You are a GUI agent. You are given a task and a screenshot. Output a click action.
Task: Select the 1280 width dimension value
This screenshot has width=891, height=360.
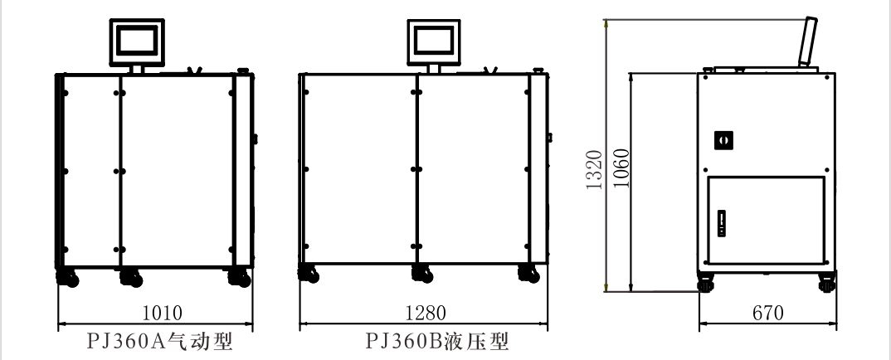(426, 312)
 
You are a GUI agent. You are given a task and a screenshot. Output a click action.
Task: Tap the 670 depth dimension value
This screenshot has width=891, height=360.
(768, 313)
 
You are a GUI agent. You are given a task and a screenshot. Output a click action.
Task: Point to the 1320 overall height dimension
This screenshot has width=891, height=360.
(594, 170)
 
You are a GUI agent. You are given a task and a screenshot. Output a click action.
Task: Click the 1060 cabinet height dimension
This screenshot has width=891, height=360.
(622, 168)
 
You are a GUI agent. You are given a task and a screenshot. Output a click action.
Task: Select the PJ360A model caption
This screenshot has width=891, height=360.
(159, 341)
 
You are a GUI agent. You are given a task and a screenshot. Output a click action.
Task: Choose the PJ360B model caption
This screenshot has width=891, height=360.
(437, 341)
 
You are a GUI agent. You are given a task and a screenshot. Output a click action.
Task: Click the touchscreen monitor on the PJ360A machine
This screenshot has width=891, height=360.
(137, 42)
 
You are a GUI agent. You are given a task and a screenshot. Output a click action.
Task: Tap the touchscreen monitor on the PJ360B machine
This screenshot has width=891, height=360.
(434, 42)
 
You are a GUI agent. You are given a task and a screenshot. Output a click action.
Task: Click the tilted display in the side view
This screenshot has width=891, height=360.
(807, 42)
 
